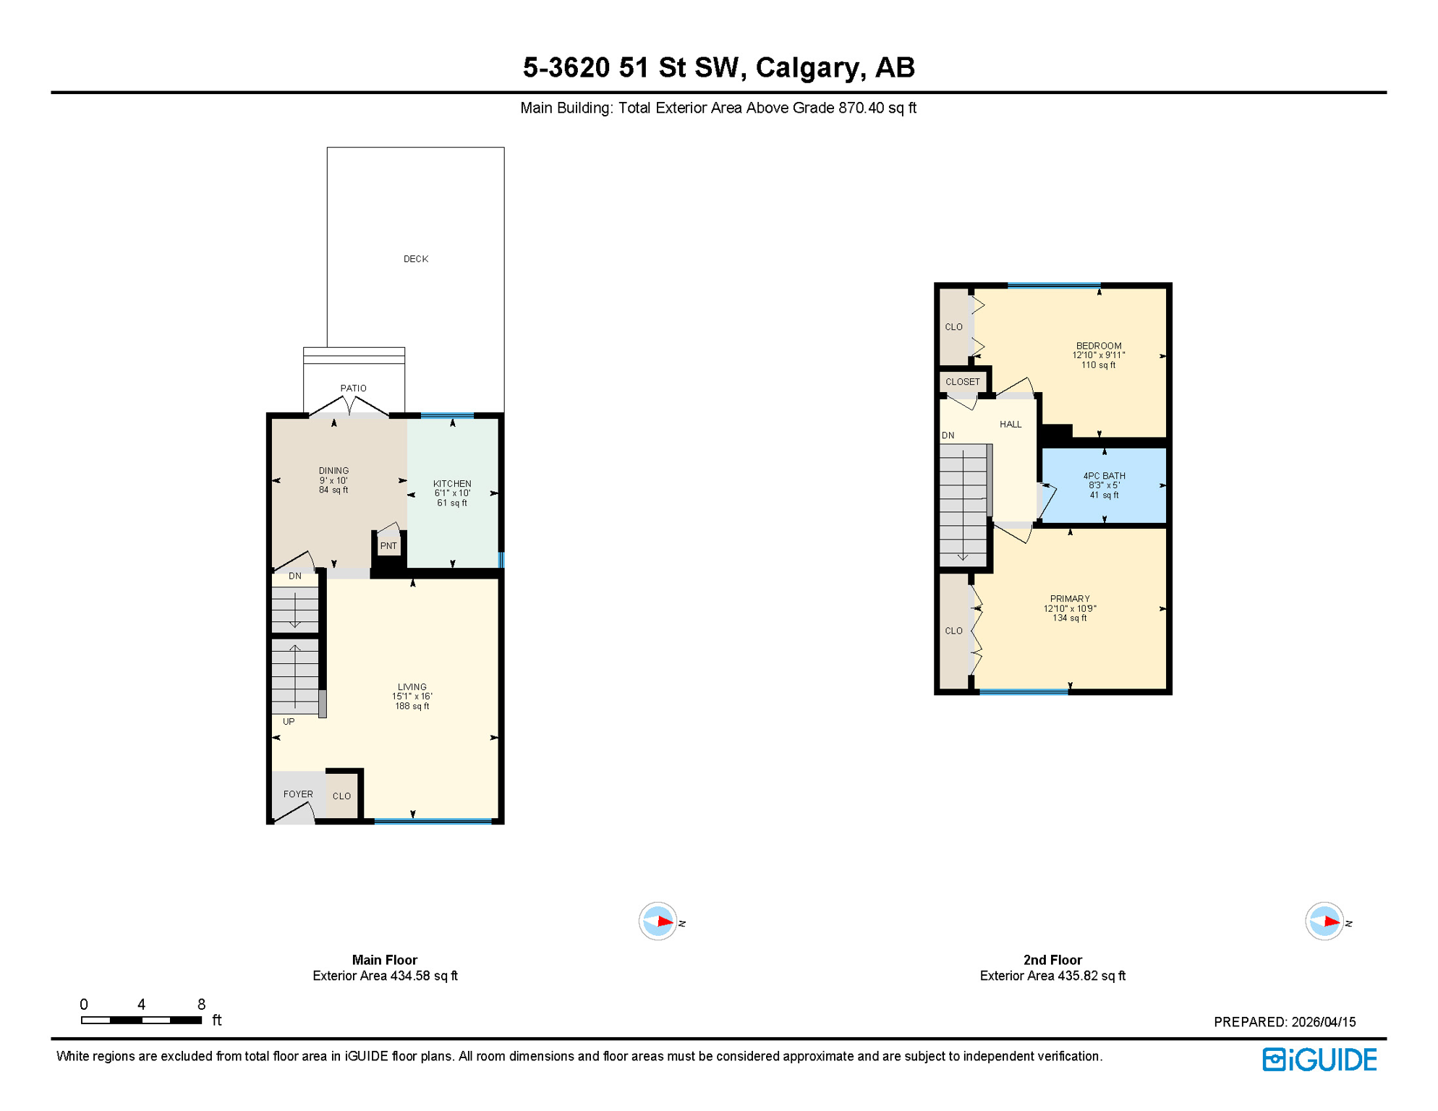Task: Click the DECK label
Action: (x=415, y=259)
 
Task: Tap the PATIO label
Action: (x=353, y=388)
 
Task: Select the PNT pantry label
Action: (x=388, y=546)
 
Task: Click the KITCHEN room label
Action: (x=452, y=484)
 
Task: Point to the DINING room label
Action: (x=333, y=471)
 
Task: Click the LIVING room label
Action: (x=412, y=687)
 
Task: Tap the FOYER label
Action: (x=298, y=794)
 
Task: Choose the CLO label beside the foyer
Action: (x=341, y=796)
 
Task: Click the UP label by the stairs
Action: (x=289, y=722)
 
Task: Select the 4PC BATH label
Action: (x=1104, y=476)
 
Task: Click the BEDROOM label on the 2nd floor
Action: (x=1098, y=346)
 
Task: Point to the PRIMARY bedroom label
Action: (x=1069, y=599)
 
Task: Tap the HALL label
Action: (x=1010, y=425)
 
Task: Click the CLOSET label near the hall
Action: (x=962, y=382)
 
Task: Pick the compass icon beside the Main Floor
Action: (x=658, y=921)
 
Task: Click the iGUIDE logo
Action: (x=1319, y=1060)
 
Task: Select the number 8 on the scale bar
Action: (x=201, y=1004)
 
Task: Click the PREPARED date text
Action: (x=1284, y=1022)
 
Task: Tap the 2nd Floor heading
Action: (x=1052, y=960)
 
